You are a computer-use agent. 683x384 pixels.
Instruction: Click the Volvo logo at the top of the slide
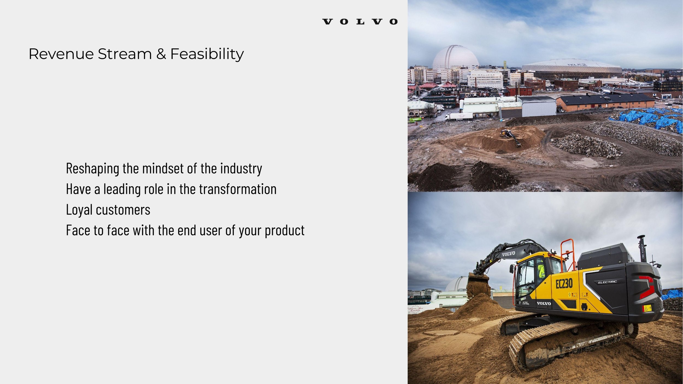coord(360,22)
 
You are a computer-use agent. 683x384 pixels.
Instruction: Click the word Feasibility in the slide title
coord(207,54)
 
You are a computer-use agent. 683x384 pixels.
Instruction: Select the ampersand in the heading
coord(161,54)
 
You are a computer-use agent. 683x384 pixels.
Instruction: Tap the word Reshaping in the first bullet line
coord(92,169)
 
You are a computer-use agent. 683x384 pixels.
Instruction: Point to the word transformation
coord(238,189)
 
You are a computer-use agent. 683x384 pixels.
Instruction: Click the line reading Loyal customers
coord(108,210)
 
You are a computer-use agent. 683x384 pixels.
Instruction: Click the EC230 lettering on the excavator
coord(564,283)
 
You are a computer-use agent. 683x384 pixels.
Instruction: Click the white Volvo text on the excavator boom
coord(508,254)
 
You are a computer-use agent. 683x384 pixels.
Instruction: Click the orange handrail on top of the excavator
coord(568,252)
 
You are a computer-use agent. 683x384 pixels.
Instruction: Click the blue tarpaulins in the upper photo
coord(647,118)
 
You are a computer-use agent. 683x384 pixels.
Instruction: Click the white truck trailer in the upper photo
coord(459,117)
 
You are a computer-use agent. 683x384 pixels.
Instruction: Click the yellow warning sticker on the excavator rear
coord(647,308)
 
